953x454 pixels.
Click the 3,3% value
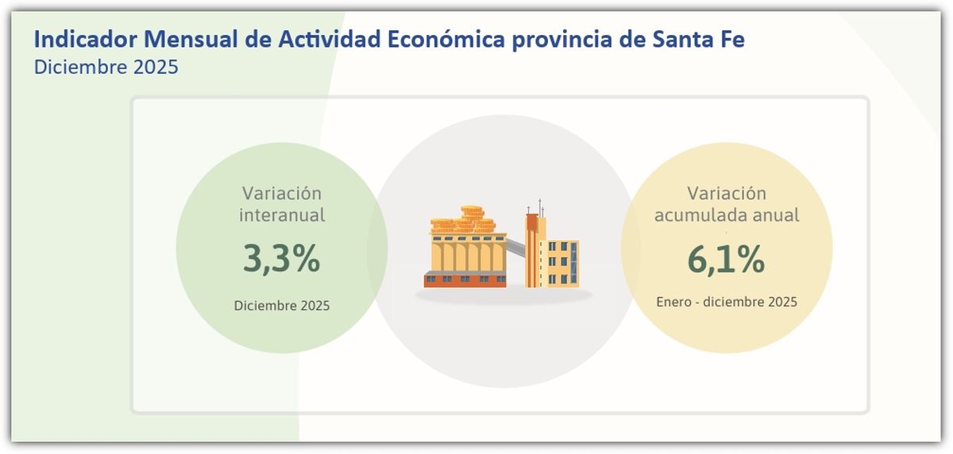click(281, 260)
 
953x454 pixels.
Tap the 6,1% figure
click(726, 260)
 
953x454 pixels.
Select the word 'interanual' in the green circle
click(282, 215)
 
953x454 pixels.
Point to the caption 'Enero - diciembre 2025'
click(727, 302)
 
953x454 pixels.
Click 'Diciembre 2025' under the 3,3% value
click(281, 306)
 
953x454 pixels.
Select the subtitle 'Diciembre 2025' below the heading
click(106, 67)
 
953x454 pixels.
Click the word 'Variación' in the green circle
click(282, 194)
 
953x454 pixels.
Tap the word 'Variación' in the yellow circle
click(727, 194)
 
